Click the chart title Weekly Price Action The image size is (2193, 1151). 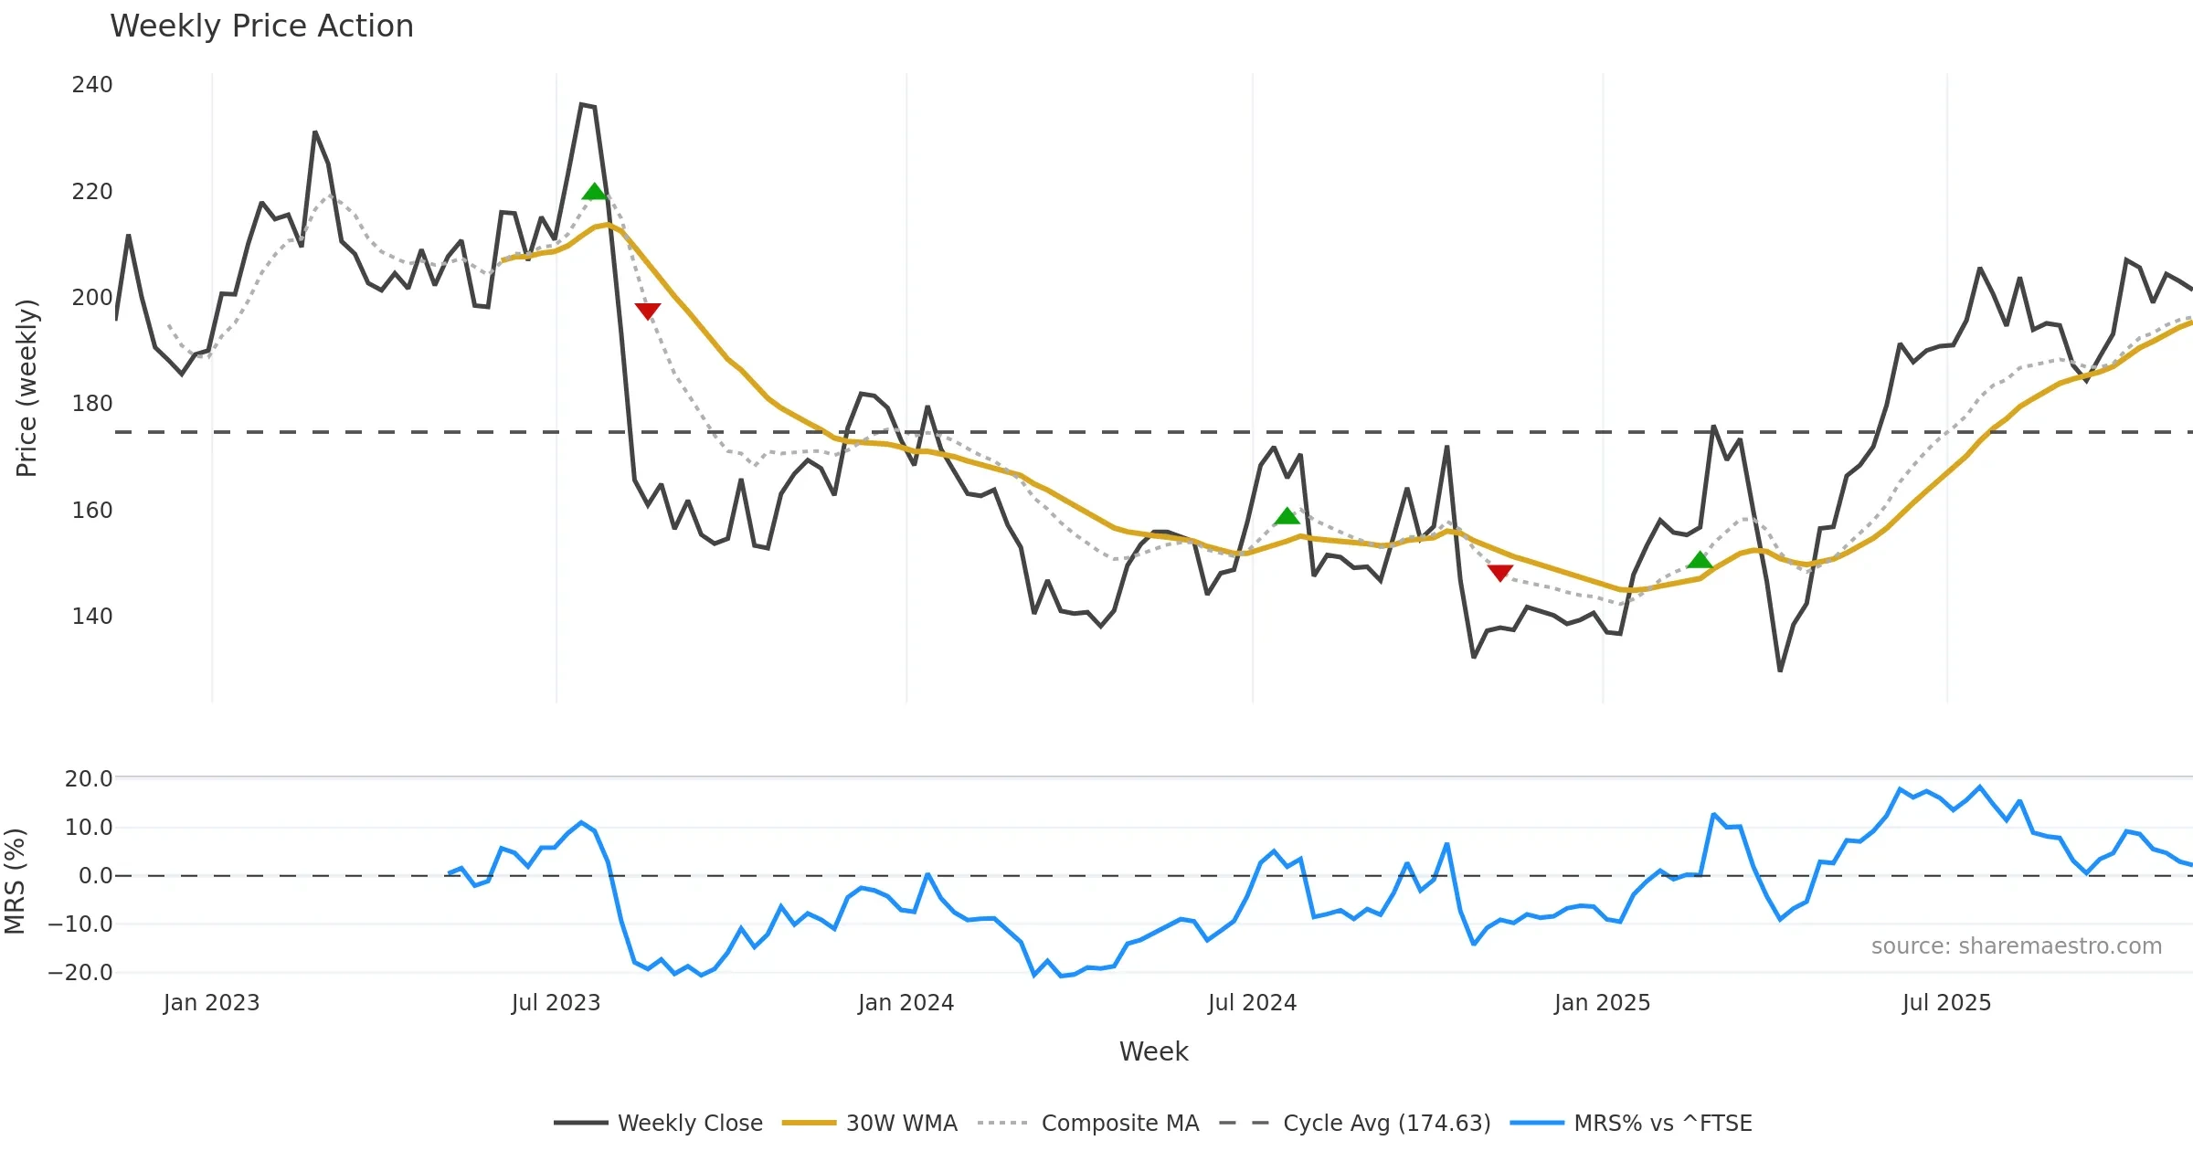click(261, 26)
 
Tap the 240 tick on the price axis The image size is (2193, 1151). click(92, 85)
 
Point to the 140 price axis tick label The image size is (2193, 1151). click(92, 617)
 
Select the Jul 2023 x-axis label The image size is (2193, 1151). click(556, 1003)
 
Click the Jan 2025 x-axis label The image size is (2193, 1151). click(1602, 1003)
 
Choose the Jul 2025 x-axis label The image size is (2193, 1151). click(1946, 1003)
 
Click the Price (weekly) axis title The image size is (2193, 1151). click(26, 388)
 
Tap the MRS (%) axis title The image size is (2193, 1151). click(16, 882)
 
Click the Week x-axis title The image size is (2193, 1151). click(1153, 1052)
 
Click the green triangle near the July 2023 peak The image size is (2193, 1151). click(594, 192)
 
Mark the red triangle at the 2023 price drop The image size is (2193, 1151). click(648, 312)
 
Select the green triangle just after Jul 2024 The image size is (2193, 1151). click(1287, 517)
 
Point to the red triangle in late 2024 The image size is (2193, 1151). click(1499, 573)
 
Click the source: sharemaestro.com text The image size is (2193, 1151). click(2016, 946)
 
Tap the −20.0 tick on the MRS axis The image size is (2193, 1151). click(80, 973)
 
